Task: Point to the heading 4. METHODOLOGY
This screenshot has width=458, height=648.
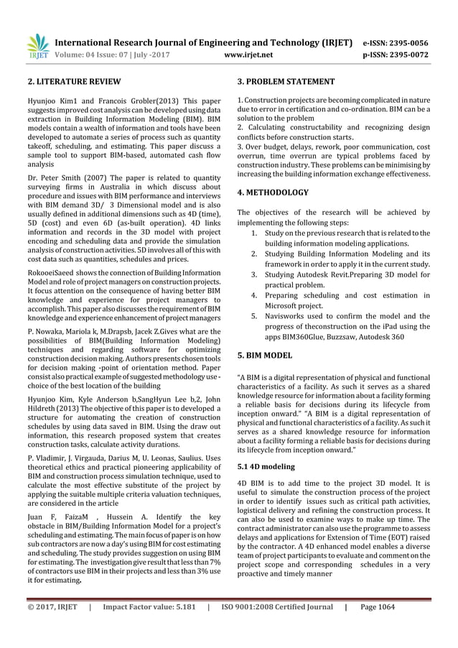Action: tap(273, 193)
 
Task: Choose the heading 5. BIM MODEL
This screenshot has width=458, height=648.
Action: tap(264, 355)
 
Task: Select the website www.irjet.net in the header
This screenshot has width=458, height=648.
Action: tap(248, 53)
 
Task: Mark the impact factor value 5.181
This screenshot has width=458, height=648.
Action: tap(181, 626)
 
